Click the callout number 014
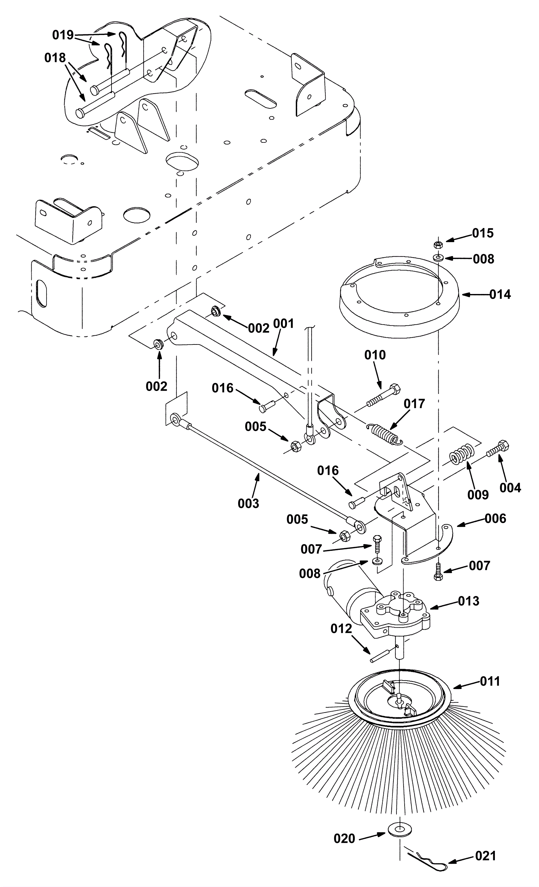[500, 294]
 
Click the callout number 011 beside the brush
[490, 682]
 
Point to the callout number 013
[469, 601]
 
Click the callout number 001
[284, 324]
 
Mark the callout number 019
[63, 35]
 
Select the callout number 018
[55, 58]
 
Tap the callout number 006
[496, 518]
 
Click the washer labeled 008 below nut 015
[438, 258]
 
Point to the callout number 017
[414, 404]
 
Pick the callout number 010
[375, 355]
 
